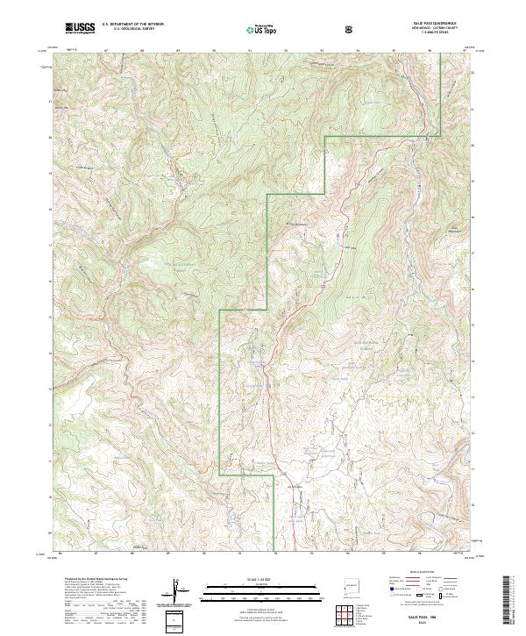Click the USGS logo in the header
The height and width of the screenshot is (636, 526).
pos(81,28)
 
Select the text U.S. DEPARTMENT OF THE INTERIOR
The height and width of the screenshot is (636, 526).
pos(132,25)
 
